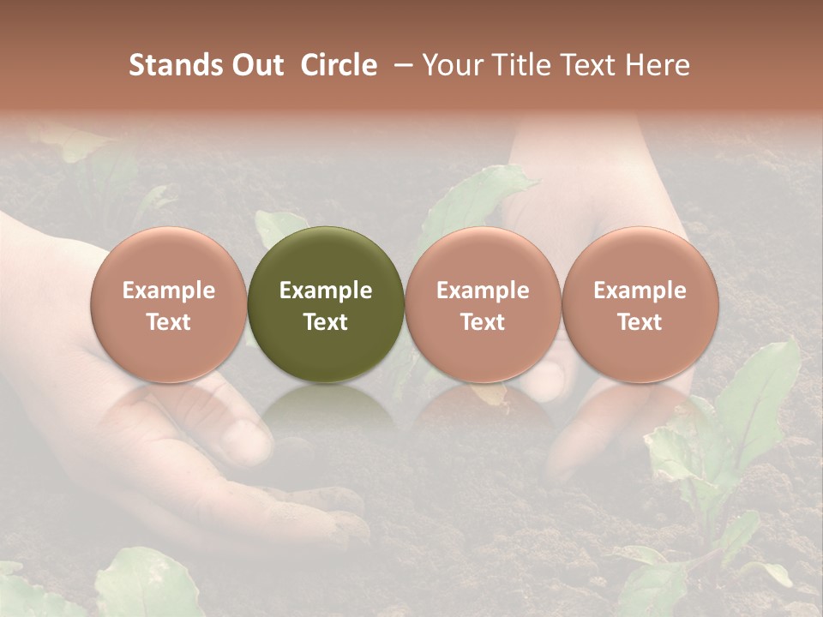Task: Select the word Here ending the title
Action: click(658, 65)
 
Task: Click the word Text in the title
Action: click(591, 65)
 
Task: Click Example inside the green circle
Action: click(326, 291)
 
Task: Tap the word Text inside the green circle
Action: click(326, 322)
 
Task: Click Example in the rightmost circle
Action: click(640, 291)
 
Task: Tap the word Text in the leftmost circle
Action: click(168, 322)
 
